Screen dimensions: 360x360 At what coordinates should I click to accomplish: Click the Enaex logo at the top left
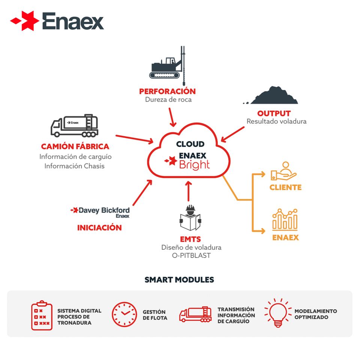coord(57,21)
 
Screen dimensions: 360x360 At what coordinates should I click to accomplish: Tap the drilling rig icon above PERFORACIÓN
coord(167,66)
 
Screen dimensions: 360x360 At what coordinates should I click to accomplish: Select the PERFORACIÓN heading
coord(167,91)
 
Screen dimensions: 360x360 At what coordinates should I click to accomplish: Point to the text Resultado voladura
coord(276,121)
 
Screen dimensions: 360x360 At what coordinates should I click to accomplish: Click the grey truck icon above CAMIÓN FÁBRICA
coord(75,126)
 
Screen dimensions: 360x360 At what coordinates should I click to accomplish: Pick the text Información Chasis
coord(74,166)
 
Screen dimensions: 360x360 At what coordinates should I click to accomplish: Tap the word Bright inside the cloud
coord(194,165)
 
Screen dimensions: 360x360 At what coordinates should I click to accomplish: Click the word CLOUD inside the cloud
coord(190,144)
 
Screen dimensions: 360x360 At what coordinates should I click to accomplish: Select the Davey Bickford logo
coord(100,212)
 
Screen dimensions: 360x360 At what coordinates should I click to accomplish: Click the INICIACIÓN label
coord(99,228)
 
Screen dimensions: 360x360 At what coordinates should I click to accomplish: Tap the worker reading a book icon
coord(190,217)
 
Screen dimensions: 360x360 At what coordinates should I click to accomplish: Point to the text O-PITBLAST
coord(191,255)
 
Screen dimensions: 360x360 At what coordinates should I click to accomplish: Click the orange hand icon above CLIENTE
coord(284,171)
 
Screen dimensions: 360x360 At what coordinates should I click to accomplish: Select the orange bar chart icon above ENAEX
coord(285,219)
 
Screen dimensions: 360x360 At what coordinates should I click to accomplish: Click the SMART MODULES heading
coord(179,280)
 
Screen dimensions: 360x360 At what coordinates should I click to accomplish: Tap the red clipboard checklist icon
coord(42,315)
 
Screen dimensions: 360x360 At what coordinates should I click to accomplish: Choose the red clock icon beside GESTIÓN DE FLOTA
coord(124,314)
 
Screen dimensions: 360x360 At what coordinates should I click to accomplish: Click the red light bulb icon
coord(278,313)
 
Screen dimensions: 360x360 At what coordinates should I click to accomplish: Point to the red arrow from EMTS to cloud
coord(189,191)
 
